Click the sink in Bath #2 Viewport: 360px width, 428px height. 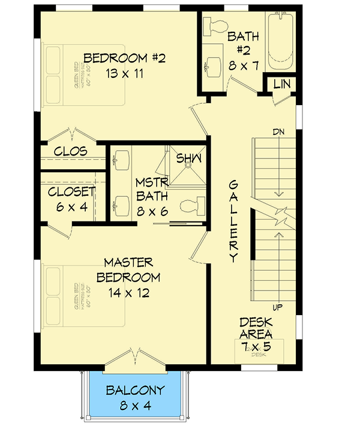[x=212, y=65]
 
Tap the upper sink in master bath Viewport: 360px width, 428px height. [x=122, y=160]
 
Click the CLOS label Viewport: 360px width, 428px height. [x=71, y=151]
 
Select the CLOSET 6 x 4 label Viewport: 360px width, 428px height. [x=71, y=198]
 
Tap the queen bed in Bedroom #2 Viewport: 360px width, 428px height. [x=84, y=76]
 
